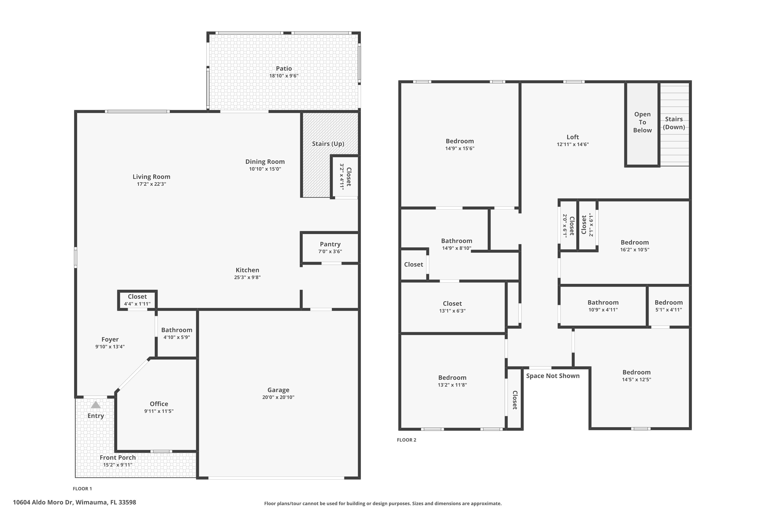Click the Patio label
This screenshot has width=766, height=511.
click(284, 68)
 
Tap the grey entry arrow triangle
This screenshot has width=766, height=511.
click(96, 405)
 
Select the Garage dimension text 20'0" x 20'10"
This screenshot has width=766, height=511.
click(278, 397)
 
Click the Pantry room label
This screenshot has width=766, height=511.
click(330, 244)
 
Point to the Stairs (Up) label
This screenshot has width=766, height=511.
click(328, 144)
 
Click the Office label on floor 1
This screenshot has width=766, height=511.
click(159, 404)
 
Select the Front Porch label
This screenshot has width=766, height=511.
click(117, 458)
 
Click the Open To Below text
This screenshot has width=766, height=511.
click(642, 122)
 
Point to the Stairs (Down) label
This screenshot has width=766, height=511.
click(674, 123)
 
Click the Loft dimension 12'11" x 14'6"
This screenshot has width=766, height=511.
click(572, 144)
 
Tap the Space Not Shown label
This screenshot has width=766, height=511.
click(553, 376)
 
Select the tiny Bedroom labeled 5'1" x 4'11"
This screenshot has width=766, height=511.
click(668, 306)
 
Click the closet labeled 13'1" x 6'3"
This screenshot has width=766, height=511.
click(452, 307)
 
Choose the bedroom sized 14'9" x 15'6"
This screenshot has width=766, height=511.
click(460, 144)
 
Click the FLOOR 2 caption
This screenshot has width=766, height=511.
click(406, 440)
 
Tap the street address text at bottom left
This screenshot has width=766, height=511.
click(74, 502)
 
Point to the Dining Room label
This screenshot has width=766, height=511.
click(265, 162)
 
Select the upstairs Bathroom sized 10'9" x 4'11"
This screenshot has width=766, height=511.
click(603, 306)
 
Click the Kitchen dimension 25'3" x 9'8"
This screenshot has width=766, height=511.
click(247, 277)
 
